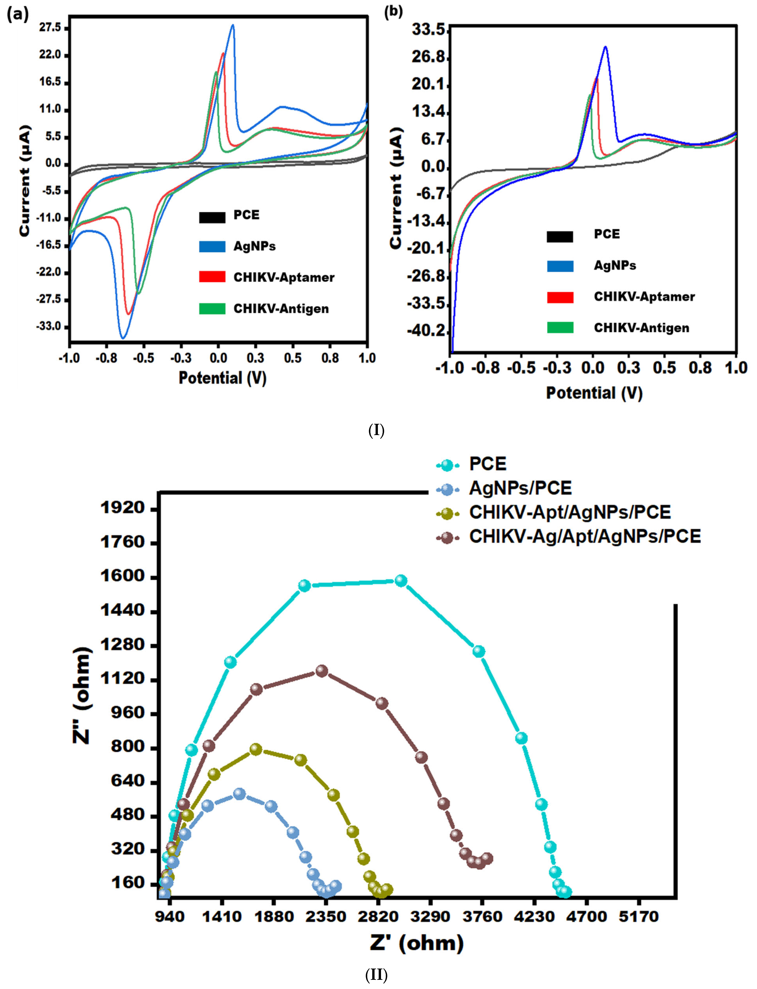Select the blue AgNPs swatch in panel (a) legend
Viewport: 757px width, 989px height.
pos(212,247)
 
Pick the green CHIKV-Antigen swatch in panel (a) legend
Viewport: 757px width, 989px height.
pos(212,309)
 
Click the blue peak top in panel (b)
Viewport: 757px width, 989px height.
pos(605,47)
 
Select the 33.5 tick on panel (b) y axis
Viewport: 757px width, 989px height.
pos(428,30)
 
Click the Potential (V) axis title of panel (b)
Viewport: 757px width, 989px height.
pos(594,393)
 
